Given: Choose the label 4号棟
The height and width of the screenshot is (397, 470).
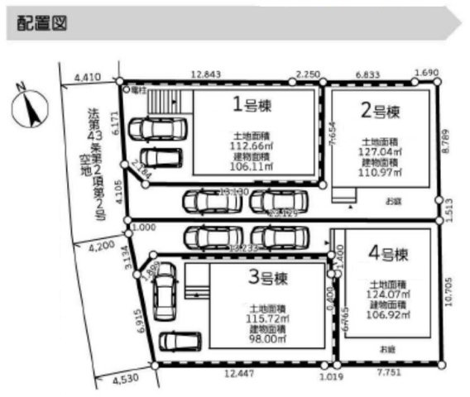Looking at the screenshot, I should click(385, 249).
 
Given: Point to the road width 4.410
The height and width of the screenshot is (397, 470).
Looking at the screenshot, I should click(87, 78).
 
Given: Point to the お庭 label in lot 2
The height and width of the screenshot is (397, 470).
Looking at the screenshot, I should click(391, 200).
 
